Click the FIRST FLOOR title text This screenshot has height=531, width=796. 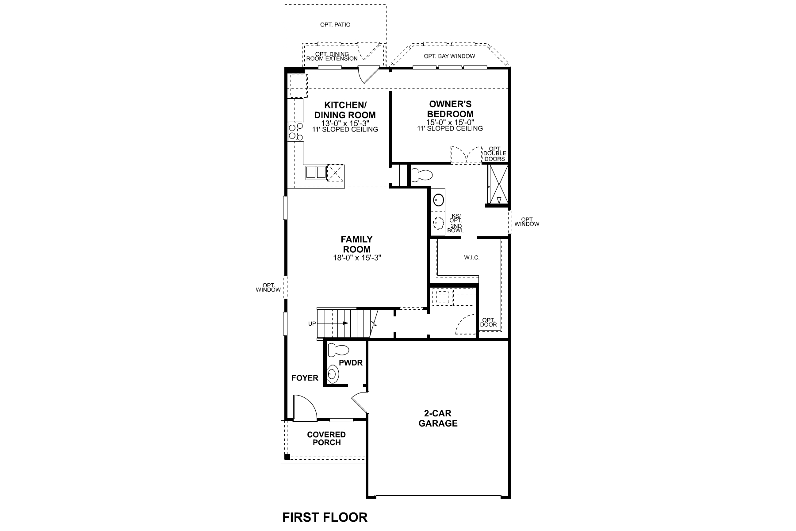pos(325,517)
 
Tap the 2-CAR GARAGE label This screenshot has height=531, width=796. pos(438,419)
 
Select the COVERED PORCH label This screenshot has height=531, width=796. pos(326,439)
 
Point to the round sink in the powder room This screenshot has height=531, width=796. pos(333,375)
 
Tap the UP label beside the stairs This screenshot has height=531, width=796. pos(312,324)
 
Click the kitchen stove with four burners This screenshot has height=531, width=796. pos(296,131)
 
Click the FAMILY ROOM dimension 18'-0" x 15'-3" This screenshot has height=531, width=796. pos(357,258)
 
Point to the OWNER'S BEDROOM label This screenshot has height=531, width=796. pos(450,109)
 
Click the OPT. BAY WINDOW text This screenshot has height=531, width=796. pos(449,56)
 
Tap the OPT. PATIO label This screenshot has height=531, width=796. pos(335,25)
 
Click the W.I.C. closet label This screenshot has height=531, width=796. pos(472,258)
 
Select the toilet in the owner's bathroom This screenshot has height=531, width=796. pos(421,176)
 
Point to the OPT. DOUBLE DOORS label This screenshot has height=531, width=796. pos(494,154)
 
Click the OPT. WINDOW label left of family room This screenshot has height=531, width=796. pos(268,288)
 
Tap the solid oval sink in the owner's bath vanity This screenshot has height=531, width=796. pos(438,200)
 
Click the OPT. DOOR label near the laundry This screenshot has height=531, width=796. pos(488,322)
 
